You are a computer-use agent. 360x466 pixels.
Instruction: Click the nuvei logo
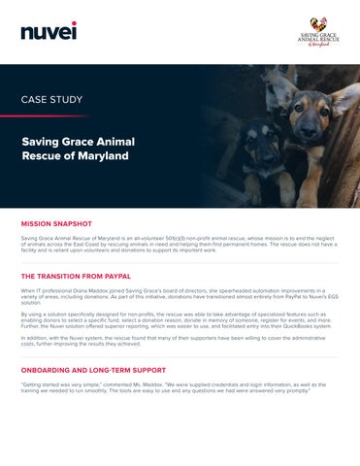point(49,31)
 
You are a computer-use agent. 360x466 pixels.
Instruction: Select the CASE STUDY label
point(51,99)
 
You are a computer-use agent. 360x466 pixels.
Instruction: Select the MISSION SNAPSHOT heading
point(64,221)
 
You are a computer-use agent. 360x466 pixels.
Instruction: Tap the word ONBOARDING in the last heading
point(53,371)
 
